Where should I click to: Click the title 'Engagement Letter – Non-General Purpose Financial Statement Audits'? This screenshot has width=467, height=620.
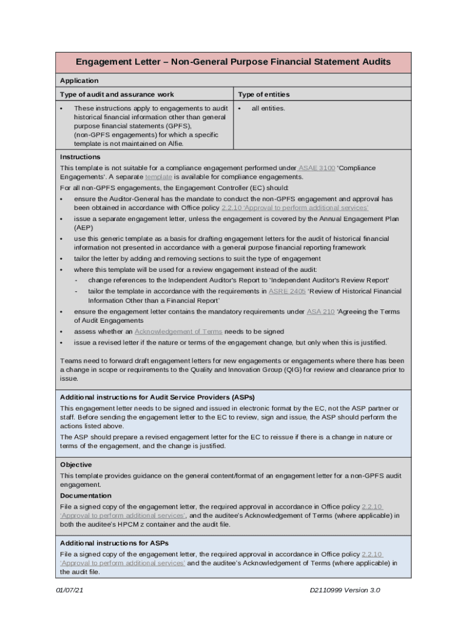pos(233,62)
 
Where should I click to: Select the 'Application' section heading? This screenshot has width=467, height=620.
pos(79,81)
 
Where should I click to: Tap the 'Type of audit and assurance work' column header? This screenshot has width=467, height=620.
pos(116,94)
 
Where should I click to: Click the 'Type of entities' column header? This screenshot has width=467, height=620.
pos(263,94)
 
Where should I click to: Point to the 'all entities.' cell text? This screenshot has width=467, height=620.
pos(268,108)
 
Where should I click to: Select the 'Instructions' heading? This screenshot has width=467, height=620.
pos(80,157)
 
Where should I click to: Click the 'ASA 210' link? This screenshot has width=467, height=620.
pos(320,312)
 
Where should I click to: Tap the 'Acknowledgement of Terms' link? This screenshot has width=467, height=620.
pos(178,332)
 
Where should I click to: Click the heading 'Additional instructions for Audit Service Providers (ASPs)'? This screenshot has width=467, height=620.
pos(157,397)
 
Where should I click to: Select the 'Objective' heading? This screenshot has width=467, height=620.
pos(76,465)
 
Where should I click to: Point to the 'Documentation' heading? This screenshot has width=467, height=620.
pos(86,496)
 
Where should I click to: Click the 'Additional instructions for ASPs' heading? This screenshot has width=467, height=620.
pos(114,543)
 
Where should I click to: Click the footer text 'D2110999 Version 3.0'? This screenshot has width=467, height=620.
pos(344,590)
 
